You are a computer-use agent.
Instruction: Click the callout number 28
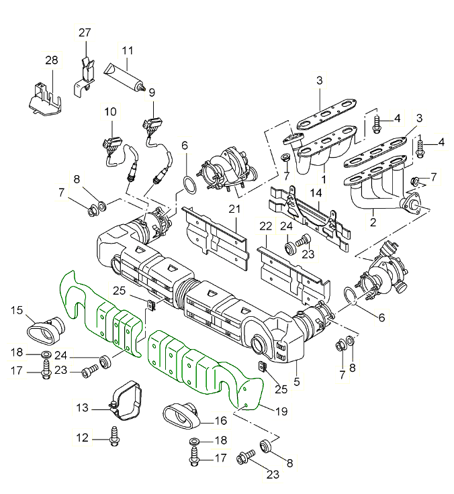point(52,61)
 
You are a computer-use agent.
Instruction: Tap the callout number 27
point(85,33)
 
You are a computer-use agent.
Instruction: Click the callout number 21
point(234,209)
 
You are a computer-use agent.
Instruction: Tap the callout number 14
point(316,193)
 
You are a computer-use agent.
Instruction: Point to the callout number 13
point(82,407)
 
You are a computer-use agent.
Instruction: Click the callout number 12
point(82,438)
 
